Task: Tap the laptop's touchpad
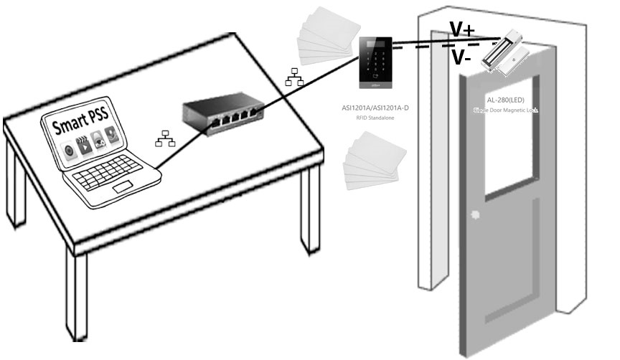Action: click(123, 188)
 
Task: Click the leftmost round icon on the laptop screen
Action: click(70, 153)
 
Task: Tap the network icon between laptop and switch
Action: click(163, 138)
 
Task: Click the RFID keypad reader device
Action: click(376, 68)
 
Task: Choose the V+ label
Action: click(461, 30)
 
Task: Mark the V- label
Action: click(461, 58)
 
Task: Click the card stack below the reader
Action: click(374, 165)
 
